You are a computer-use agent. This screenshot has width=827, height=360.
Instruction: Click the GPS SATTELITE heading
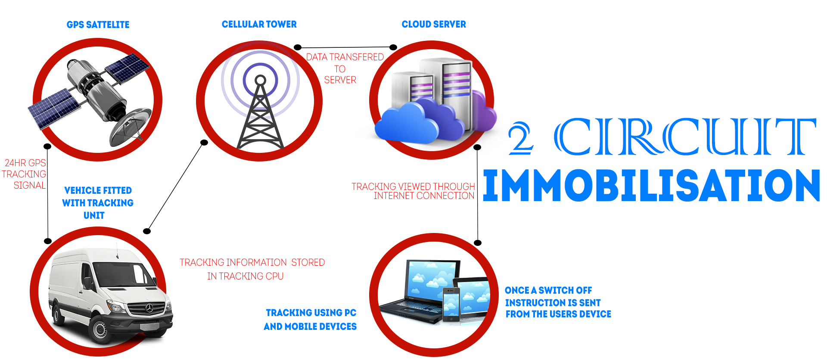point(98,25)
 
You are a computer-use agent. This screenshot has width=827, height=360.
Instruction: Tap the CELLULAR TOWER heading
point(259,25)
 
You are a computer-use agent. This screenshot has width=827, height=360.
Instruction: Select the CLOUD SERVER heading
point(434,25)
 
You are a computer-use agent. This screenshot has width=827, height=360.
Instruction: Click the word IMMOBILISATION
point(651,185)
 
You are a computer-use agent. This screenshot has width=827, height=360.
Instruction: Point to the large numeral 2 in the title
point(521,138)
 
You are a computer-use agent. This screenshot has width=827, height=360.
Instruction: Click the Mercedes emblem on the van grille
point(149,308)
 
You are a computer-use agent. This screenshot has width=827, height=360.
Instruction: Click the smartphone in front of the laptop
point(451,304)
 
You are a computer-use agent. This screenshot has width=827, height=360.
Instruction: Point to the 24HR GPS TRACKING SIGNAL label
point(24,174)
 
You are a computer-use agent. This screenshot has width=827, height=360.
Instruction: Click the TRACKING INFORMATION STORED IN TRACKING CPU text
point(252,269)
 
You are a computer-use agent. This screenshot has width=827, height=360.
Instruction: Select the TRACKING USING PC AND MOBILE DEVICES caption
point(310,320)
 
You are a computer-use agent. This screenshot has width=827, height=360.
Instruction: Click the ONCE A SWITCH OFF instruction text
point(558,302)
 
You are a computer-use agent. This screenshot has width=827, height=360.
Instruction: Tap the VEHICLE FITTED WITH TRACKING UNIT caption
point(98,203)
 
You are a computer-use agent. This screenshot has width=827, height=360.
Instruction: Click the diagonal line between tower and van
point(176,187)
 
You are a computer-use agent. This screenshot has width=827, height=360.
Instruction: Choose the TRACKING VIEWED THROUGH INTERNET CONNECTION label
point(413,191)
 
